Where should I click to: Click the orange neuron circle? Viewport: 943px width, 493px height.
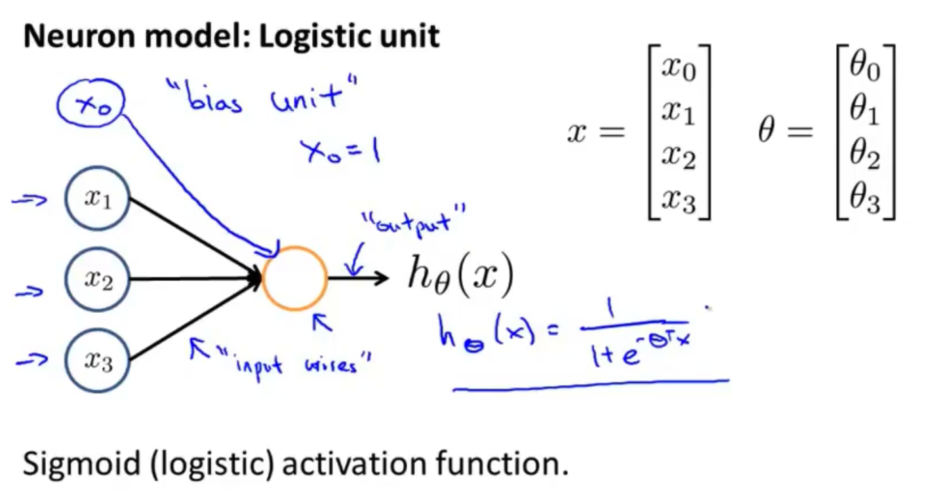(x=294, y=278)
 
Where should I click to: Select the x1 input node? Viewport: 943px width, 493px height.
(x=97, y=199)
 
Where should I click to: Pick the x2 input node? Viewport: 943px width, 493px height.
(x=97, y=280)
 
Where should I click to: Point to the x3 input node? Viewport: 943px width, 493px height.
(x=97, y=362)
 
